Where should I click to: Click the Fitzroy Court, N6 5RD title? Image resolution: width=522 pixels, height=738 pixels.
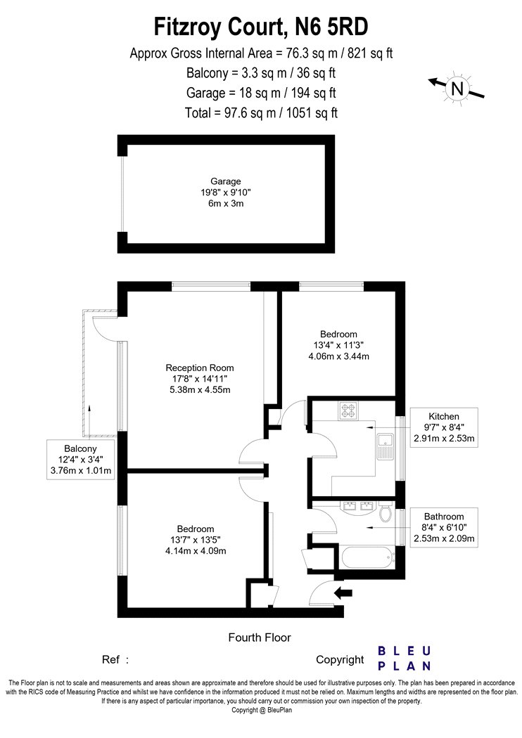click(x=260, y=27)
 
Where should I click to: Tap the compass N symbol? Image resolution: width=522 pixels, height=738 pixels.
click(x=457, y=88)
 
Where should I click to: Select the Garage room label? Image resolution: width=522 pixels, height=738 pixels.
click(x=226, y=181)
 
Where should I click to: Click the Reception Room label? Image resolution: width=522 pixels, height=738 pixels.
click(x=200, y=368)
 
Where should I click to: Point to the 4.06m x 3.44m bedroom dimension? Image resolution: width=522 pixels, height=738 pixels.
click(x=338, y=356)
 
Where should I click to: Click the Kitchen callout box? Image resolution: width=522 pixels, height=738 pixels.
click(x=444, y=427)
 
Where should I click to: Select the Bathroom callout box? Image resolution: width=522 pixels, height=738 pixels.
click(x=444, y=527)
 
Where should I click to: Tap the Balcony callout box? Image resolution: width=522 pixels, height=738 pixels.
click(x=81, y=460)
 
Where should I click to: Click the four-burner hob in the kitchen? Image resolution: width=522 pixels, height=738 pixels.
click(x=348, y=410)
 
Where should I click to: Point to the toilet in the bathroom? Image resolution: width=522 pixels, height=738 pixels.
click(x=386, y=512)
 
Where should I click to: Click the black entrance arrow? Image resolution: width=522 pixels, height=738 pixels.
click(x=343, y=593)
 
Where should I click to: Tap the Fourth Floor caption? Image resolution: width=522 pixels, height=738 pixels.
click(x=260, y=637)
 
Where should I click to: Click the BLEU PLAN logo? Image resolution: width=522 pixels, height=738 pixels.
click(x=405, y=659)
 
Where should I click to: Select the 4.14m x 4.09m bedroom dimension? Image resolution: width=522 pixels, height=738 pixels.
click(x=196, y=550)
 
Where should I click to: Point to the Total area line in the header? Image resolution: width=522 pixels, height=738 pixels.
click(x=262, y=113)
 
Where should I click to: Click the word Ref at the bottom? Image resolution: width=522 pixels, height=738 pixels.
click(x=110, y=659)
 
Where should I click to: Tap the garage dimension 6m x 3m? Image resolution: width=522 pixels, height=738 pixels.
click(x=226, y=204)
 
